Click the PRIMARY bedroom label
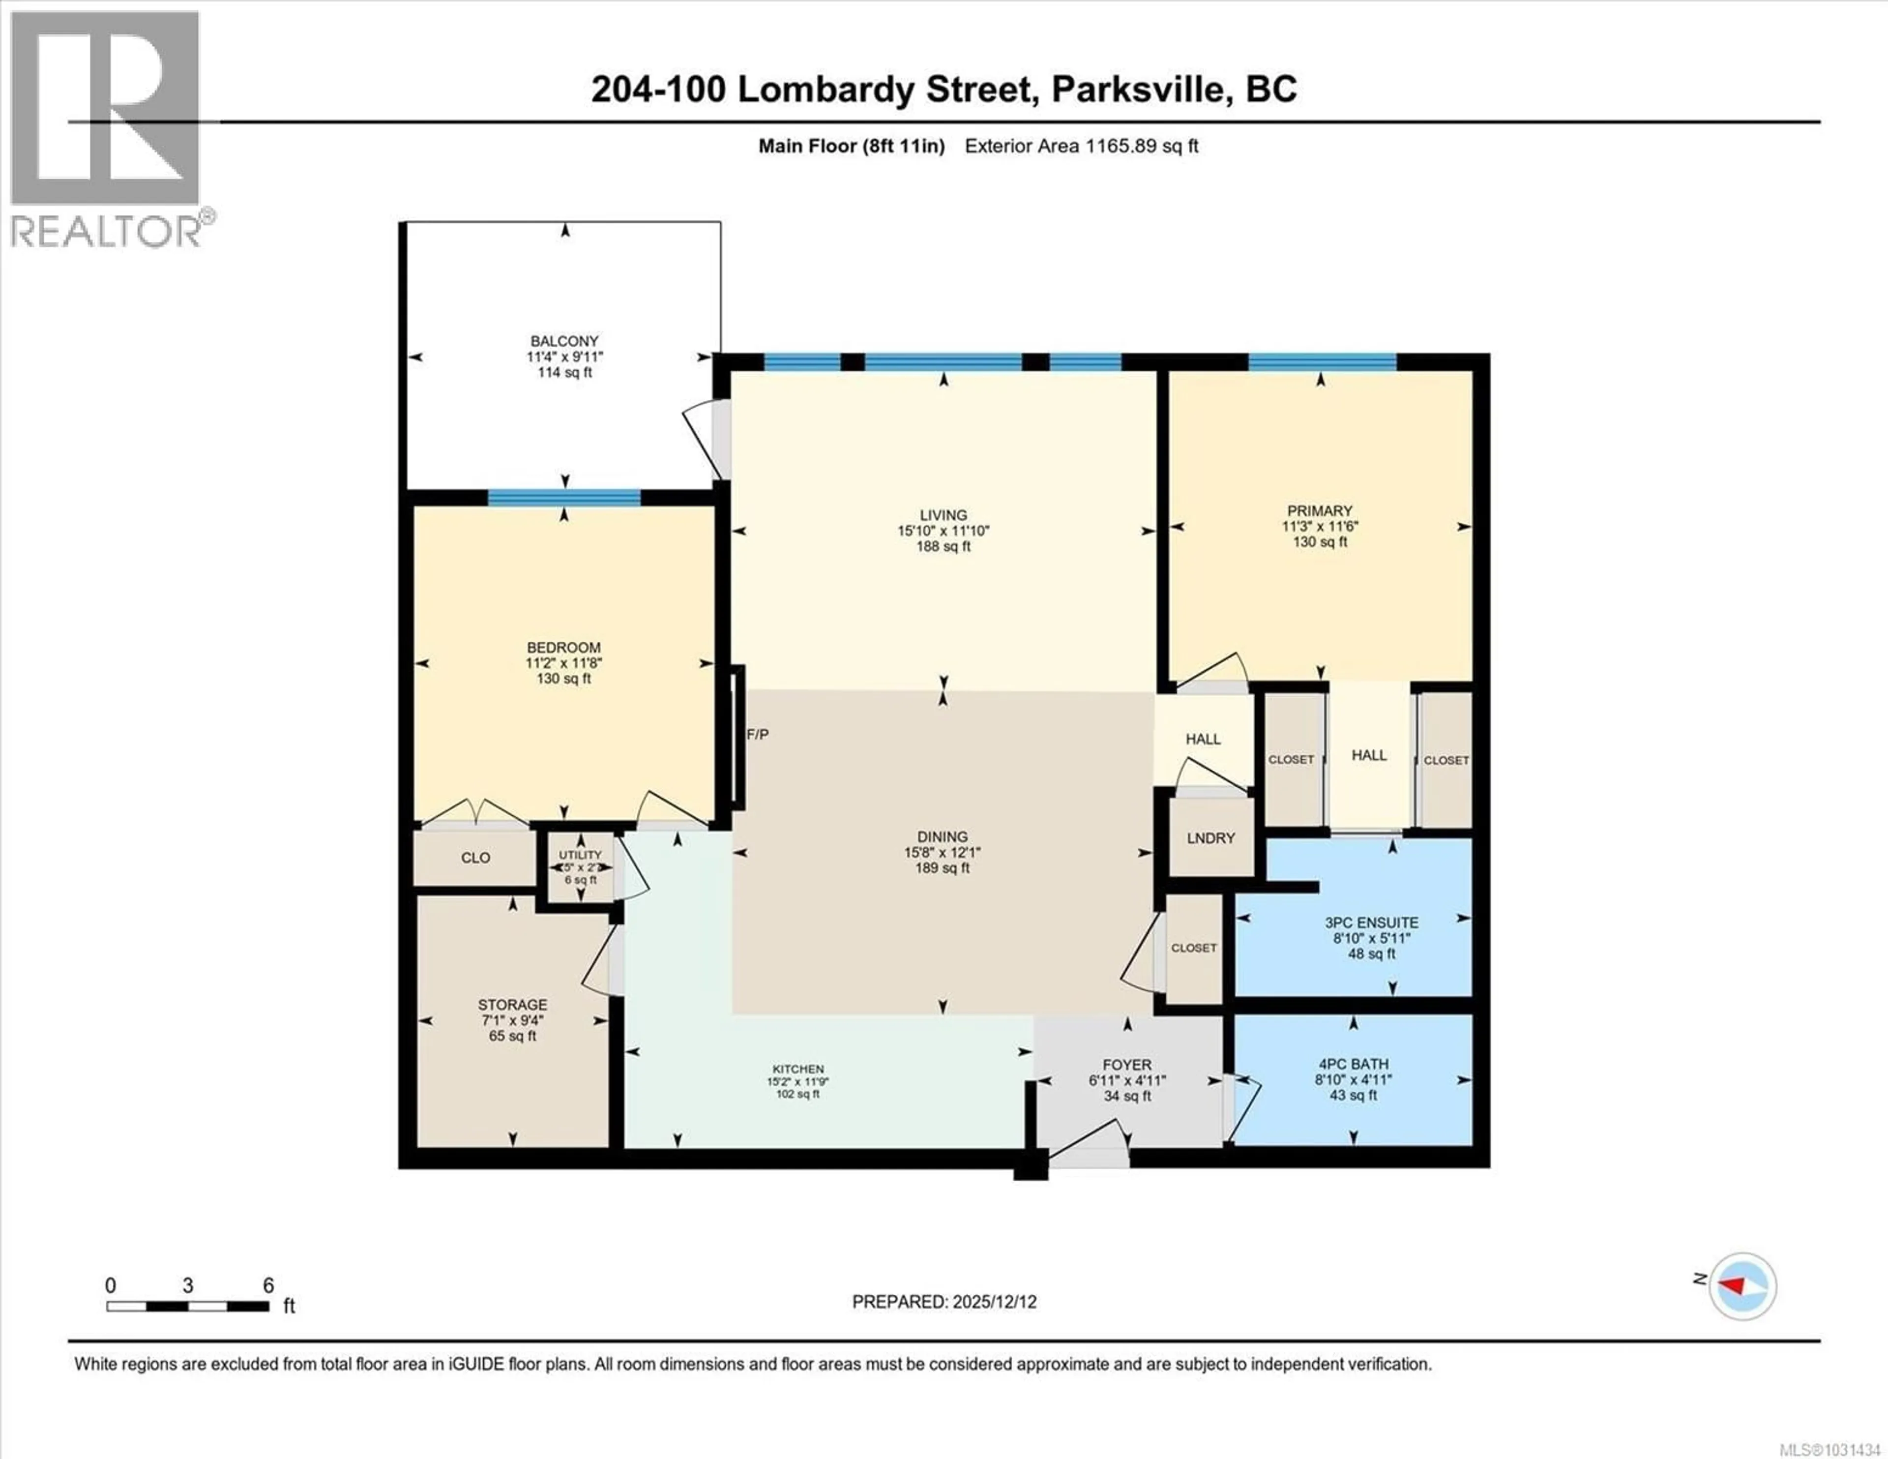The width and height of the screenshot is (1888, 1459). tap(1319, 511)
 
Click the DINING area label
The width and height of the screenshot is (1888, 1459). tap(942, 836)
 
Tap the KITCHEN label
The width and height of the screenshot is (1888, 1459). tap(798, 1069)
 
